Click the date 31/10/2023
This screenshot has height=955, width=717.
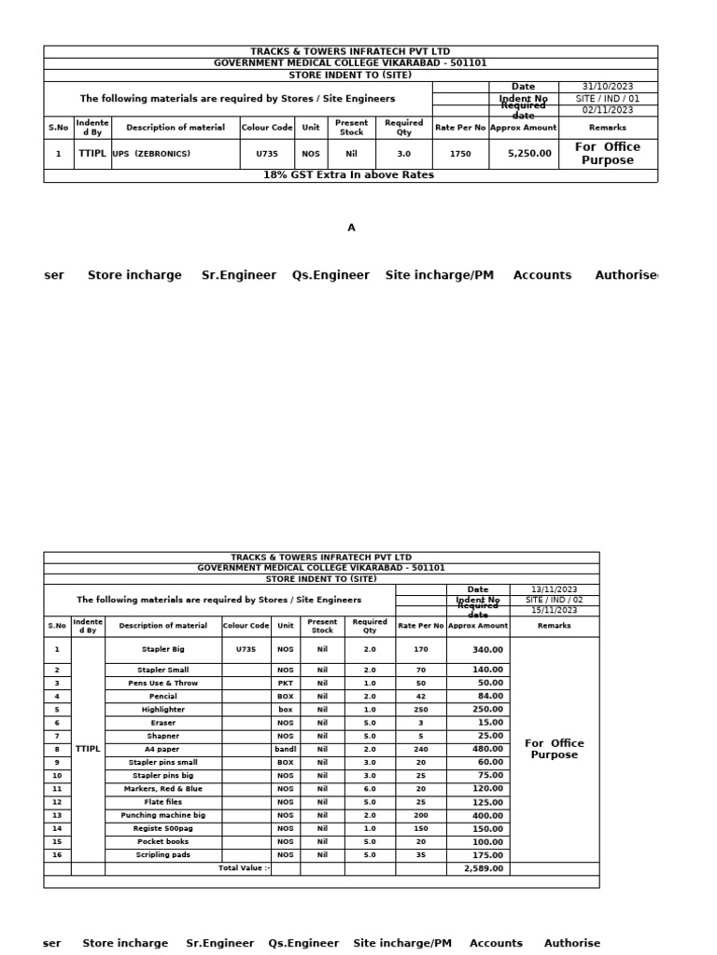[608, 87]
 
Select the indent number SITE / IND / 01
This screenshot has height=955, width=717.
[608, 98]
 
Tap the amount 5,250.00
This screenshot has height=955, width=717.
[529, 154]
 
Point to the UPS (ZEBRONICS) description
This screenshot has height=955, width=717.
[151, 154]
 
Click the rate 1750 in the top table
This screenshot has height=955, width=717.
[460, 154]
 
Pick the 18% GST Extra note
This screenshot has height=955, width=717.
[348, 175]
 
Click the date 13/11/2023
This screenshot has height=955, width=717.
[555, 589]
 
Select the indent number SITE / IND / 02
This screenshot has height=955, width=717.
[555, 600]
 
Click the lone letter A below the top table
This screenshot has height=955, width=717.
[351, 228]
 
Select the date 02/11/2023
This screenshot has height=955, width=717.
[608, 110]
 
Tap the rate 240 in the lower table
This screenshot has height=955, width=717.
[420, 749]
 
